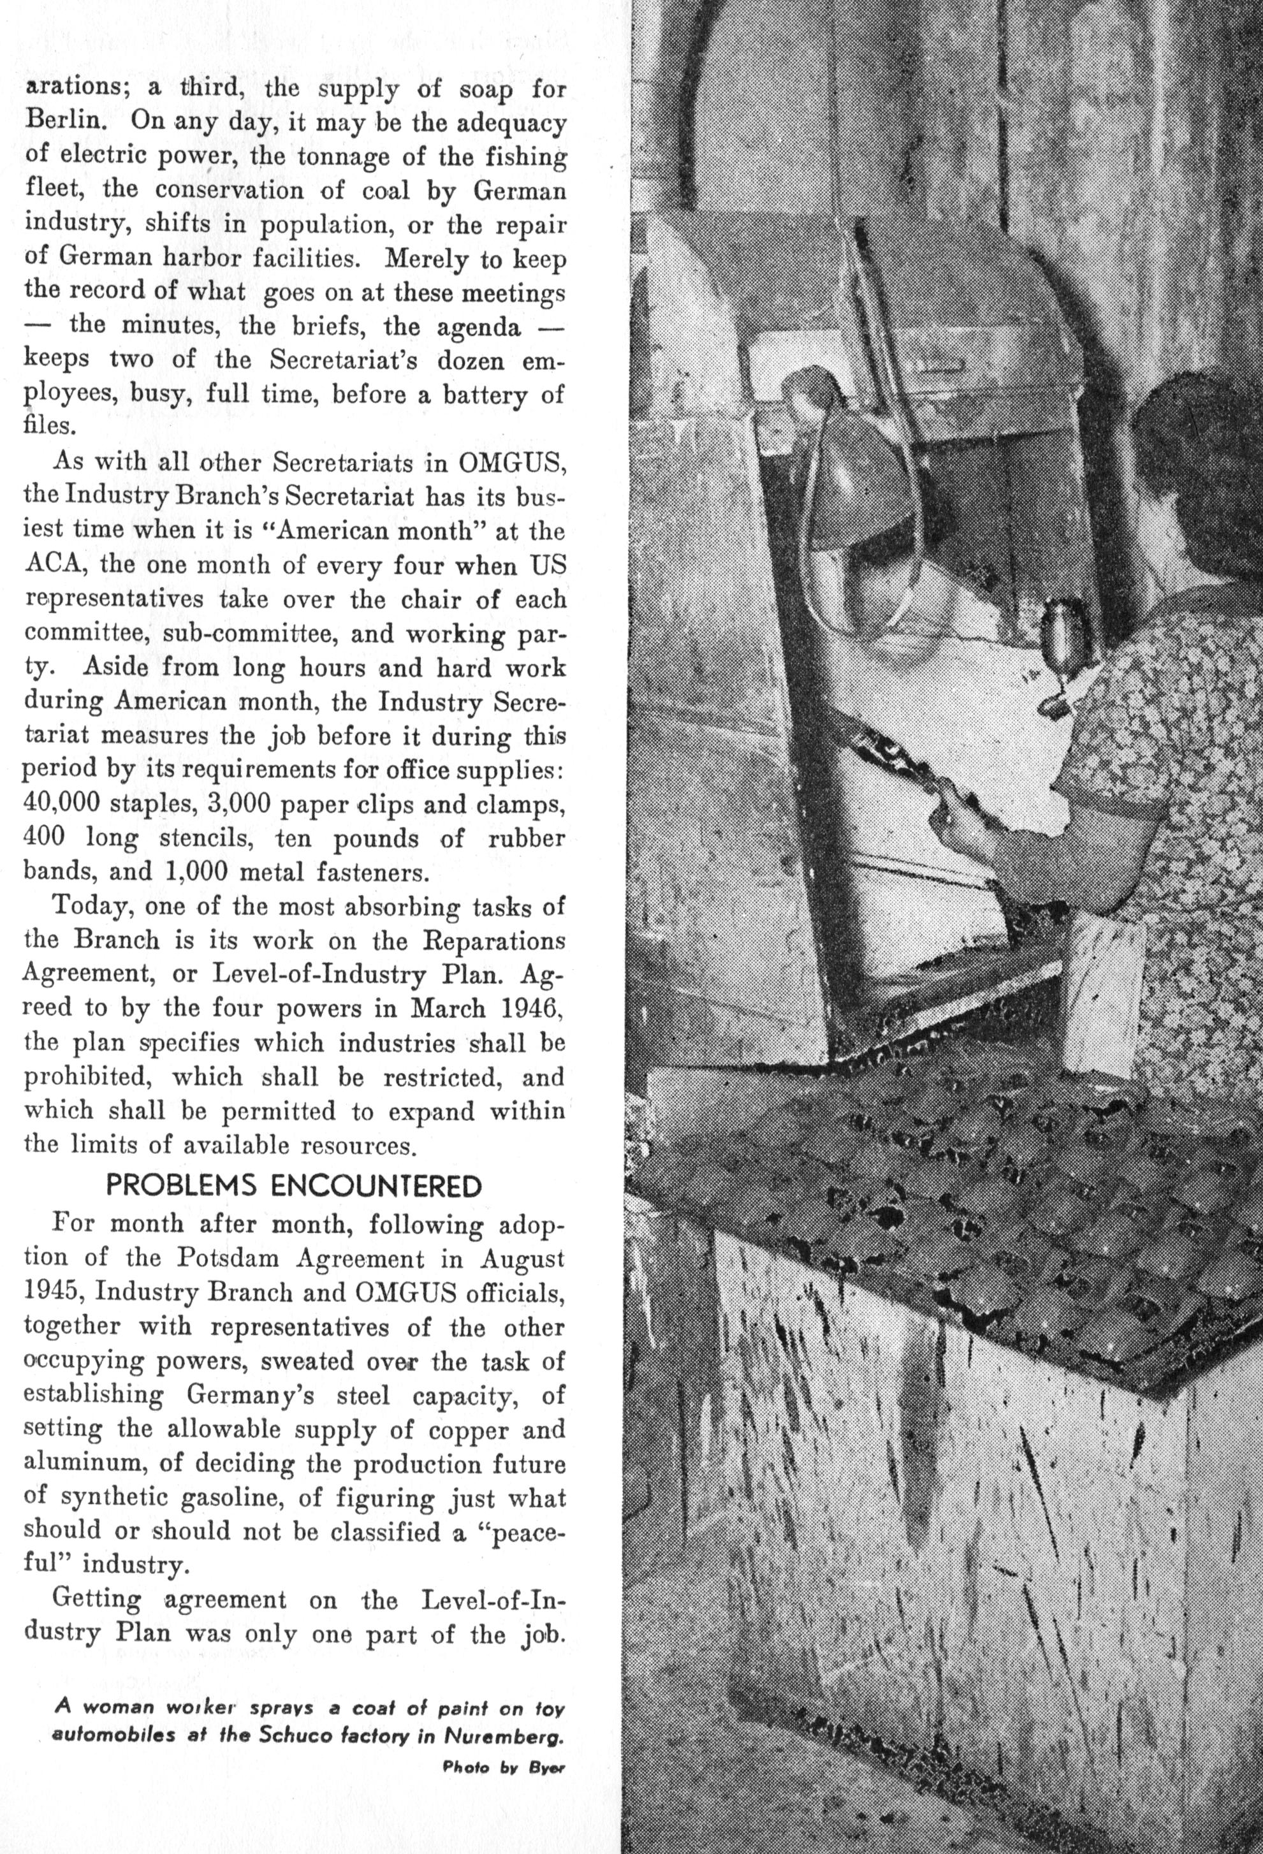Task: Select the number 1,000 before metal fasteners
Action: pyautogui.click(x=196, y=872)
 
